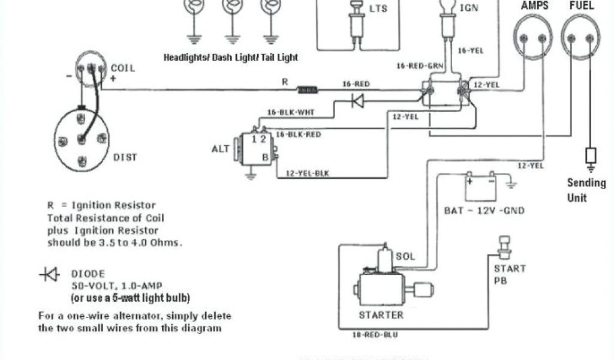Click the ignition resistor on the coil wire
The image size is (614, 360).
tap(308, 90)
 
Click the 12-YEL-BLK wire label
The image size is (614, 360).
tap(308, 173)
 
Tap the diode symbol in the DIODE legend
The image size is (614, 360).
tap(49, 274)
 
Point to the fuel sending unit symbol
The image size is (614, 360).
tap(591, 158)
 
